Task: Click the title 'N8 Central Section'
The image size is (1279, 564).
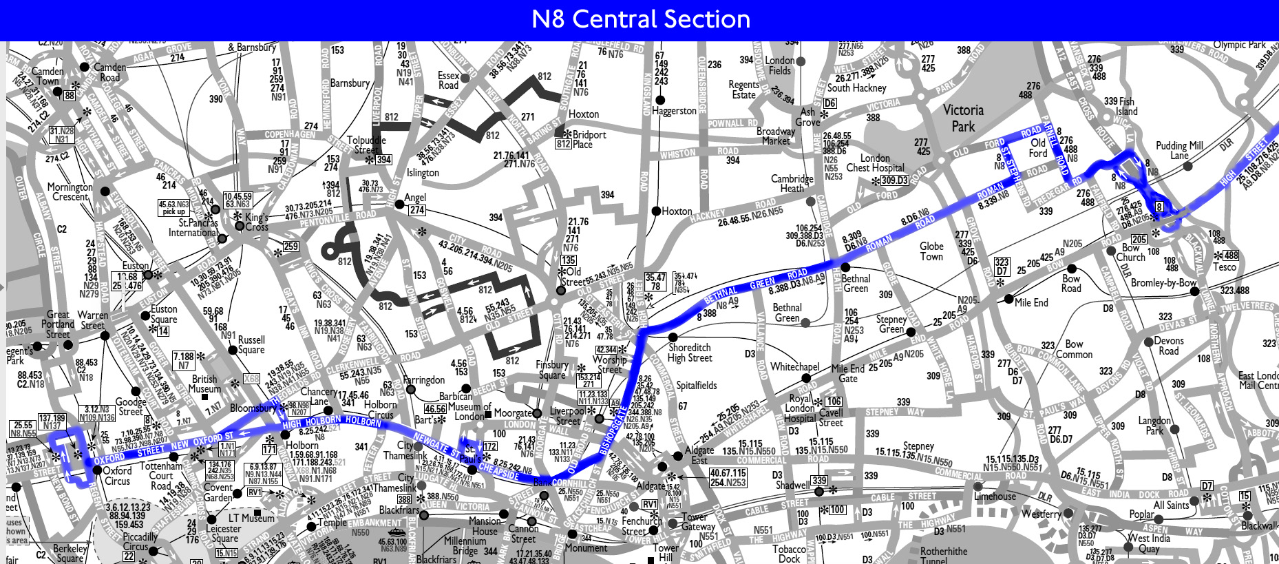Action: point(641,19)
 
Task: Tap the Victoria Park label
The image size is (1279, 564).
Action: point(963,118)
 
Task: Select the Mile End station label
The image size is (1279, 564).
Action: point(1031,302)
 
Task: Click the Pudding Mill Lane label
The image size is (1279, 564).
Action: point(1179,150)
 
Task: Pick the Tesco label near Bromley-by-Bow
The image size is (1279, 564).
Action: point(1225,267)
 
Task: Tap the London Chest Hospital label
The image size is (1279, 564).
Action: point(875,163)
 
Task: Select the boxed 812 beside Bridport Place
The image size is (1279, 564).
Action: point(563,144)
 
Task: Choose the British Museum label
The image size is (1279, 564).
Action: point(204,384)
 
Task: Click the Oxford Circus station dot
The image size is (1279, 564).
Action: point(97,471)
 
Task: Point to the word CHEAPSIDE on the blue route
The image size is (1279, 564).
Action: point(499,472)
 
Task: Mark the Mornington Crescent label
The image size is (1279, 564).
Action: point(70,191)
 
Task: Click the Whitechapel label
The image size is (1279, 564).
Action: point(794,367)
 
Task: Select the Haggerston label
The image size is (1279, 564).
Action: point(674,110)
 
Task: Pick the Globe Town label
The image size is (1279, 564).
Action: point(931,251)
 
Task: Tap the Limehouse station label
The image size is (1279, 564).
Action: point(995,496)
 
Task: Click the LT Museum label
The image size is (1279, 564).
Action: point(251,518)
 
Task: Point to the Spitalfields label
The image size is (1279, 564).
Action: point(697,386)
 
